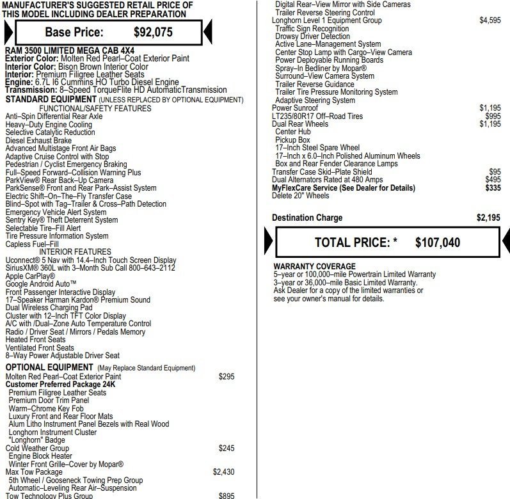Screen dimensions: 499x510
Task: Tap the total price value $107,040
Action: (437, 242)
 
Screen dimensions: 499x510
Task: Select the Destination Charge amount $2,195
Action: (488, 218)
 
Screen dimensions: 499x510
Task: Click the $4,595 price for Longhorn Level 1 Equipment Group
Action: (490, 20)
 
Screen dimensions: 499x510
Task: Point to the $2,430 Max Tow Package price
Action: (223, 472)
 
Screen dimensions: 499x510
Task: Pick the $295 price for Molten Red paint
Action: (227, 377)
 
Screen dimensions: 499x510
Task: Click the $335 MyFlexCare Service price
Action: (493, 188)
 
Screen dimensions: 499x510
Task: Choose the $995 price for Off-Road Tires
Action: (493, 116)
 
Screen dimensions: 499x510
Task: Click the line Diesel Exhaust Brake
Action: (38, 141)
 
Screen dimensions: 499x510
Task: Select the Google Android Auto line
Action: (41, 284)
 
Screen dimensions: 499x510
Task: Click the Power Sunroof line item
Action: (295, 108)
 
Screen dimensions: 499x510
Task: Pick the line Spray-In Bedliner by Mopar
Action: (321, 68)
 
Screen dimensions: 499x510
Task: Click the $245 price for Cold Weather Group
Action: (227, 448)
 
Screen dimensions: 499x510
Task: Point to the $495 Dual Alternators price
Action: (493, 180)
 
